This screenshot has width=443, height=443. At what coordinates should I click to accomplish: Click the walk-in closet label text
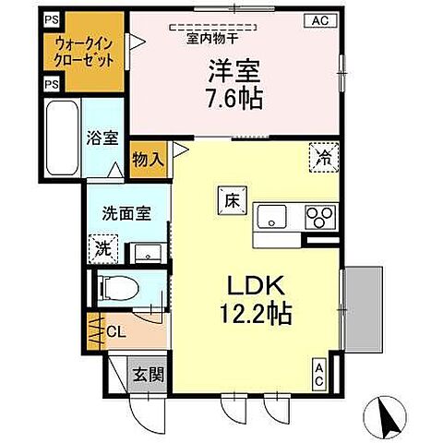(x=84, y=51)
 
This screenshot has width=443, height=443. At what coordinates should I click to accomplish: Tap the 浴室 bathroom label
(x=102, y=138)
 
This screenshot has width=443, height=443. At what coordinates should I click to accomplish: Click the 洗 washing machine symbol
(x=104, y=246)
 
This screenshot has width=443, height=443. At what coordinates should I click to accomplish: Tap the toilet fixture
(x=121, y=288)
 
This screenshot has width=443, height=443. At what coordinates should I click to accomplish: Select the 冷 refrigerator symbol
(x=323, y=157)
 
